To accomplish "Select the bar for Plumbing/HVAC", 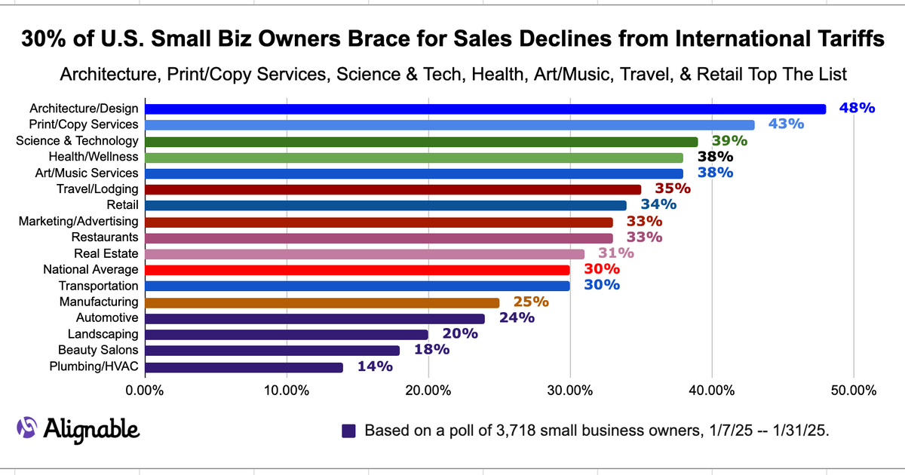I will [244, 367].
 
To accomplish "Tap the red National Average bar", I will [357, 270].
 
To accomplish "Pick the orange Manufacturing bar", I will [321, 302].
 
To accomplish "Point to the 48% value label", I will [857, 109].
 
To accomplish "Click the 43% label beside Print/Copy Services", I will [786, 124].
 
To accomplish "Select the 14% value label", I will [375, 367].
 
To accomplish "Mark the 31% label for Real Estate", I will [616, 254].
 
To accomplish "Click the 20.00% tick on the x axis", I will [428, 391].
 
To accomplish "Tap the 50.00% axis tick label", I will [853, 391].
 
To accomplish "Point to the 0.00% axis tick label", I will [144, 391].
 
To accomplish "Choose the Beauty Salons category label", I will [98, 350].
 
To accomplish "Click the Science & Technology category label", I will [78, 141].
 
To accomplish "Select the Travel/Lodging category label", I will [98, 189].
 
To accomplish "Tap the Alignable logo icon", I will [27, 427].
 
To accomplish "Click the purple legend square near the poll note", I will [348, 431].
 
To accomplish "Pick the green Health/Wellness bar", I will [413, 158].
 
